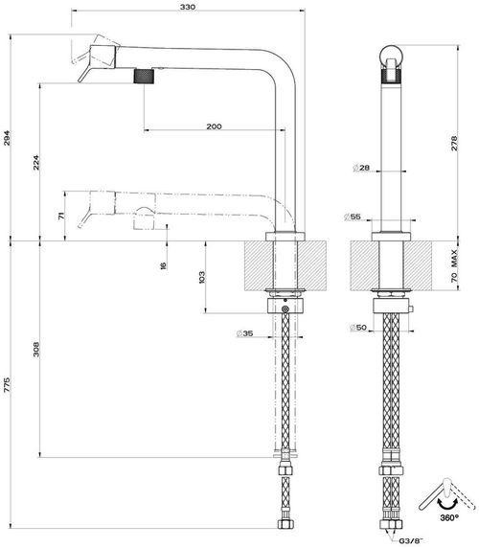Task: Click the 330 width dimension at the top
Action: tap(187, 8)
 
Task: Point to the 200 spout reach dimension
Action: tap(213, 126)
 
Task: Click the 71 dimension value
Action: tap(62, 217)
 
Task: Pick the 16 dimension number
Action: tap(164, 265)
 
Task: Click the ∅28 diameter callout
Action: tap(361, 169)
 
